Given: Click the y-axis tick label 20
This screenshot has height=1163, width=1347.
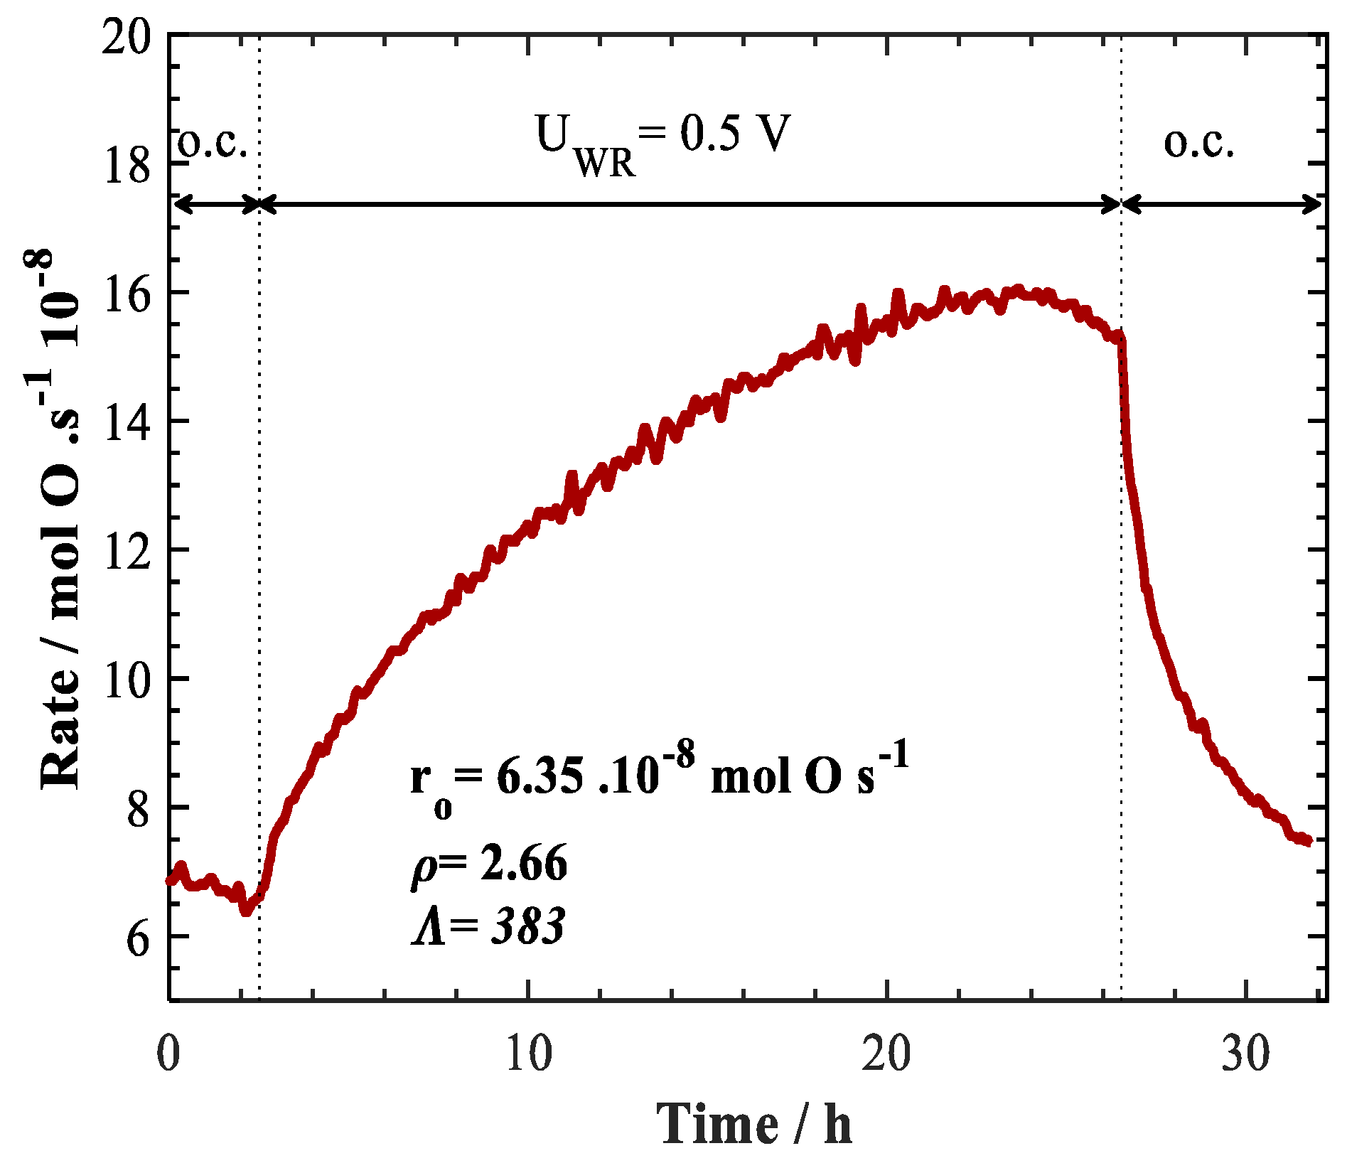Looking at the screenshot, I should (x=127, y=36).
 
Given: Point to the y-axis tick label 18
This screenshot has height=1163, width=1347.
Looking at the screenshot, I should (x=127, y=165).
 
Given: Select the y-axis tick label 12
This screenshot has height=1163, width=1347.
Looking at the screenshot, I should (x=127, y=551).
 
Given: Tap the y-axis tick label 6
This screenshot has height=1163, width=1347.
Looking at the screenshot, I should (x=139, y=938).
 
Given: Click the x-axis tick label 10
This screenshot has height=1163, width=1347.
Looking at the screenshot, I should (x=528, y=1054).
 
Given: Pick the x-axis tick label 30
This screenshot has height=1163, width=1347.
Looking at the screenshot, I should (x=1245, y=1054).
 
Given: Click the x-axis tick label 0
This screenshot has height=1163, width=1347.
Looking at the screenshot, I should (x=168, y=1054).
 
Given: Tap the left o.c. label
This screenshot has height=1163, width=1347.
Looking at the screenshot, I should (x=212, y=144).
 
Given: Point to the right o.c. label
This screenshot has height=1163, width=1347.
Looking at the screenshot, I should (x=1198, y=144).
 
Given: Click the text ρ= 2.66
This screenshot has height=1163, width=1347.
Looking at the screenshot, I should (x=489, y=863).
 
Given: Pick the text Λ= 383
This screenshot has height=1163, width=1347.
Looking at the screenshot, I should (x=489, y=926).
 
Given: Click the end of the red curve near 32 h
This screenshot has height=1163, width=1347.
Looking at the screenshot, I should (x=1308, y=842).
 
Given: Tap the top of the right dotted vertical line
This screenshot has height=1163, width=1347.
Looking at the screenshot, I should (x=1121, y=37).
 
